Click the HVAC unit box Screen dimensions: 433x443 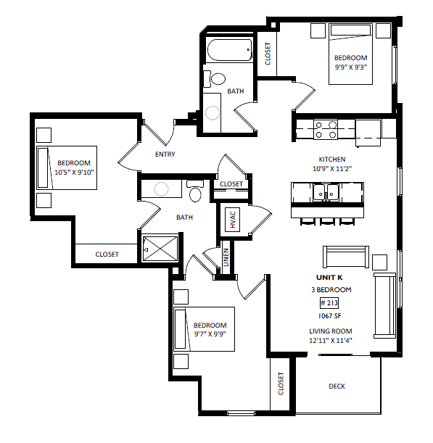coord(232,220)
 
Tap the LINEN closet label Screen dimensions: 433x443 coord(226,257)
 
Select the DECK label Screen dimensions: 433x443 coord(337,386)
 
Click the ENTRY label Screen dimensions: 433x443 coord(165,154)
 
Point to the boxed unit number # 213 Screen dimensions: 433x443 coord(329,303)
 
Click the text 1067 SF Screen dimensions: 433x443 coord(329,316)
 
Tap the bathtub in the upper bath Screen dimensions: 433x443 coord(229,50)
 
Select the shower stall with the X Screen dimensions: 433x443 coord(160,249)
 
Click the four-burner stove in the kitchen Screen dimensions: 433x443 coord(326,130)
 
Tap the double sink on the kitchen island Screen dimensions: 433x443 coord(326,193)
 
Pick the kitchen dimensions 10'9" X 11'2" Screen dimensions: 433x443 coord(331,169)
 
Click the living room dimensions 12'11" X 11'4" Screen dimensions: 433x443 coord(331,341)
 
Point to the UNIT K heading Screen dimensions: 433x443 coord(329,278)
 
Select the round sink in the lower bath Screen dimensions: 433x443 coord(161,189)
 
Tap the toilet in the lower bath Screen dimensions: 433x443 coord(195,191)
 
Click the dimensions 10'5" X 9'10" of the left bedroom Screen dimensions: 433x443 coord(74,172)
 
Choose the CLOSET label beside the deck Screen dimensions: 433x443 coord(281,384)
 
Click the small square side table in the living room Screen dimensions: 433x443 coord(379,262)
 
